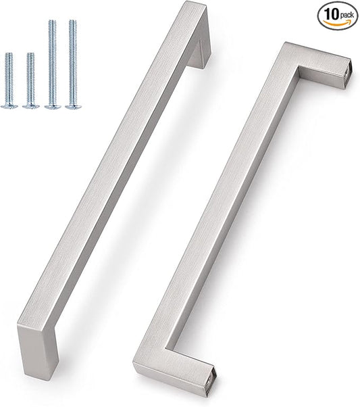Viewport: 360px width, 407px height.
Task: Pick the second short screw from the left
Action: coord(30,80)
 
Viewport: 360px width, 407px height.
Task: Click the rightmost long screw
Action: coord(72,64)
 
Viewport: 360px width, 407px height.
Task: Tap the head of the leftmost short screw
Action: coord(9,105)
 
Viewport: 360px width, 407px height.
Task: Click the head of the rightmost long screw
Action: coord(72,105)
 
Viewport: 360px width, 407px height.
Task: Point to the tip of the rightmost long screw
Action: coord(72,22)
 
